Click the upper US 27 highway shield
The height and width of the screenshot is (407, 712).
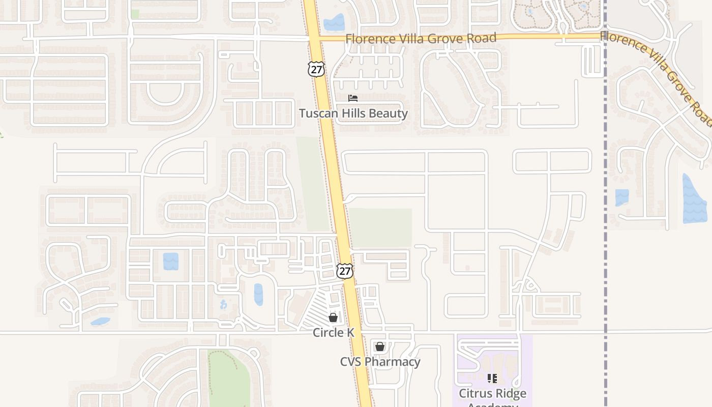316,69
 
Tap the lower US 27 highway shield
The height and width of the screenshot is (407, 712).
344,271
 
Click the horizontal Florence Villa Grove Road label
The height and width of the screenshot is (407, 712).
421,38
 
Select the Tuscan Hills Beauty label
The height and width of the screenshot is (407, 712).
353,113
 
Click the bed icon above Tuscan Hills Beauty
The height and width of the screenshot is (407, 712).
353,98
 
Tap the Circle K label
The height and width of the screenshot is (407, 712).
333,332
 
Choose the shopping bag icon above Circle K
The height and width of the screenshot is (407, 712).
333,317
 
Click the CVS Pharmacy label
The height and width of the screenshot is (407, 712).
380,362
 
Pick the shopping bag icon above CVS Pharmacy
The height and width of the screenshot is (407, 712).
379,347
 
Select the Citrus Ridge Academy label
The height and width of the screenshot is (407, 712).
492,394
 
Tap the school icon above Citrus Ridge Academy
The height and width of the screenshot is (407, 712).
492,379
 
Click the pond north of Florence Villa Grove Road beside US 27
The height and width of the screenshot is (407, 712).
334,22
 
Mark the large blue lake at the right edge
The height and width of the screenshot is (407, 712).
695,199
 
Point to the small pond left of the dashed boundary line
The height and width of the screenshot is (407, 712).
622,197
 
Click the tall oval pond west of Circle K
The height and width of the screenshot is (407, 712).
258,295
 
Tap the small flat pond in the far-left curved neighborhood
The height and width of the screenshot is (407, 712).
101,322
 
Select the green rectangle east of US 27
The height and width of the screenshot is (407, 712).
380,227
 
